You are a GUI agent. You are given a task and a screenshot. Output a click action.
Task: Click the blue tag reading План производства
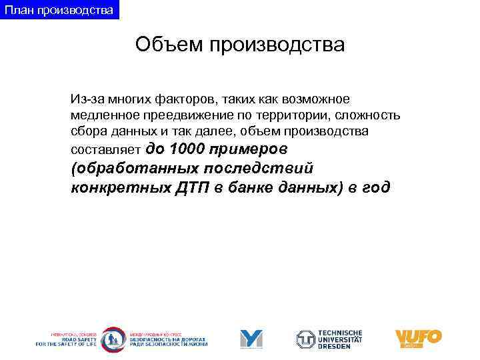59,10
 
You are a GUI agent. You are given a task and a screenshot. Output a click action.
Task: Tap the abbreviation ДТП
193,188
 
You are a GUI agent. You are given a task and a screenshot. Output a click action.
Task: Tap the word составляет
105,149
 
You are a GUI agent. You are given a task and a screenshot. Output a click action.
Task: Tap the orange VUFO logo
418,338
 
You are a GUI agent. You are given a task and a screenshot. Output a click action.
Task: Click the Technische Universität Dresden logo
329,339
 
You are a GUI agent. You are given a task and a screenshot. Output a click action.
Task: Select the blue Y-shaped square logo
251,339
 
